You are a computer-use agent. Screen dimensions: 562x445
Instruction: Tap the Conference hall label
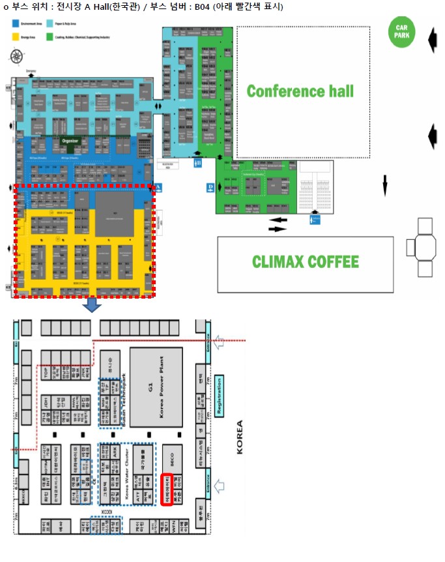(x=300, y=91)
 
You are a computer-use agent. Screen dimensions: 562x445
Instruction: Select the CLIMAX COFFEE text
(x=305, y=262)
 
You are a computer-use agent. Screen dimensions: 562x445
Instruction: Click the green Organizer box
(x=70, y=143)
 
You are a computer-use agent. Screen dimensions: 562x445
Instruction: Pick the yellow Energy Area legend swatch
(x=16, y=38)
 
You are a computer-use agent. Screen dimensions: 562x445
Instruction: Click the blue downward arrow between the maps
(x=93, y=304)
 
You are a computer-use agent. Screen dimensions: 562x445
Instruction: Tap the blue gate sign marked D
(x=210, y=188)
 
